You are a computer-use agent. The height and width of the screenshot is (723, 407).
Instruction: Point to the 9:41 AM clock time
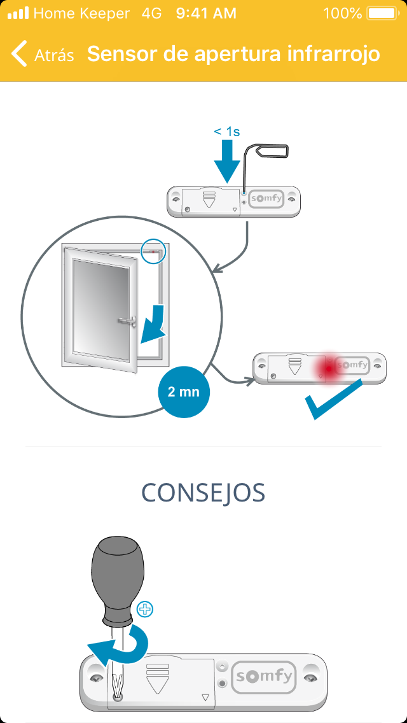click(205, 13)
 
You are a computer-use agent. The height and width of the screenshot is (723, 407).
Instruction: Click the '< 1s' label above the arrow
click(226, 132)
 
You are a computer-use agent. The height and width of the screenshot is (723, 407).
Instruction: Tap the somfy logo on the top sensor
click(265, 199)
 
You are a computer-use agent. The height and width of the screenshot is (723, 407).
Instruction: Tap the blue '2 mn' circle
click(183, 391)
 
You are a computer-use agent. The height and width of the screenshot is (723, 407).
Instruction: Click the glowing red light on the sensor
click(327, 369)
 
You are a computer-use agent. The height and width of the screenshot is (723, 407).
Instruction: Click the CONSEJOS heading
click(203, 493)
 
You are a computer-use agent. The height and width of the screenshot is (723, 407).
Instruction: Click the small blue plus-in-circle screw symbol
click(146, 609)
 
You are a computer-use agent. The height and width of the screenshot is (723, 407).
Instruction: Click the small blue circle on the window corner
click(153, 251)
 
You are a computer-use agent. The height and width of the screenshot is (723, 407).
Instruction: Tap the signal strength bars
click(18, 13)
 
